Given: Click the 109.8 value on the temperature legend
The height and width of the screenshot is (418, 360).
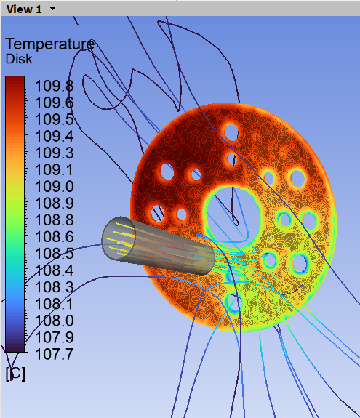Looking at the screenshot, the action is pyautogui.click(x=54, y=86).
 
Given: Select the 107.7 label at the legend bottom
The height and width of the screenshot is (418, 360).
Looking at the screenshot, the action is pyautogui.click(x=54, y=354).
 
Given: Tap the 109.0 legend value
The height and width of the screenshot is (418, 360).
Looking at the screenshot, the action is pyautogui.click(x=54, y=186).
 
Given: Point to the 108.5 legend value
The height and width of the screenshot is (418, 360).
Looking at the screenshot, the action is pyautogui.click(x=54, y=254).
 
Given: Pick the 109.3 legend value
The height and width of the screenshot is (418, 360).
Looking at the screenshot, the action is pyautogui.click(x=54, y=153).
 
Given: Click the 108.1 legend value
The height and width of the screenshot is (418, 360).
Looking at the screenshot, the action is pyautogui.click(x=54, y=304).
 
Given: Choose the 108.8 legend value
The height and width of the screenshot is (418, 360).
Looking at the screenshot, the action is pyautogui.click(x=54, y=220).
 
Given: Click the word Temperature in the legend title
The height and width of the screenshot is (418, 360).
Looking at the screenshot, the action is pyautogui.click(x=50, y=44).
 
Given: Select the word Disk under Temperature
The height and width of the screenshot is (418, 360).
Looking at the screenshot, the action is pyautogui.click(x=19, y=59).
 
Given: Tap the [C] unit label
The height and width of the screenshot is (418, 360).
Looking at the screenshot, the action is pyautogui.click(x=15, y=374).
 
